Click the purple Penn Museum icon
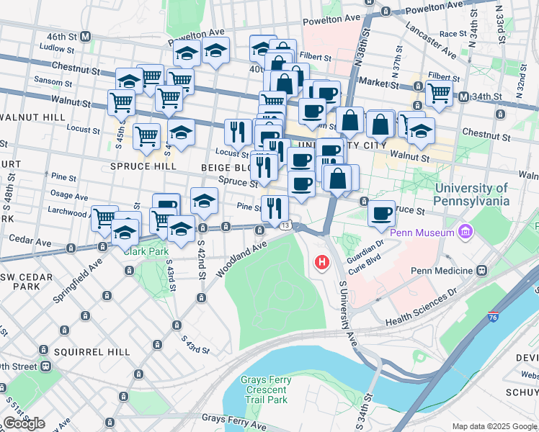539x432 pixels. (x=465, y=233)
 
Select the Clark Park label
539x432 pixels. (x=145, y=251)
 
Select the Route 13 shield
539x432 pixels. (x=286, y=226)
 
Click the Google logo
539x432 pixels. (x=24, y=423)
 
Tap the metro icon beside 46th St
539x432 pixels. (x=86, y=36)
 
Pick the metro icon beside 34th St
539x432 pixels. (x=464, y=96)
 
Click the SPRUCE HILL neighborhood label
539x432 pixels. (x=144, y=166)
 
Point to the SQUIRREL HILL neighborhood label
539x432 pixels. (x=96, y=351)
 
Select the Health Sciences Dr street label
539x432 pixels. (x=421, y=307)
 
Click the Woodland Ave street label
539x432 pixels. (x=240, y=257)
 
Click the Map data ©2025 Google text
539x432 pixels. (x=494, y=426)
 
